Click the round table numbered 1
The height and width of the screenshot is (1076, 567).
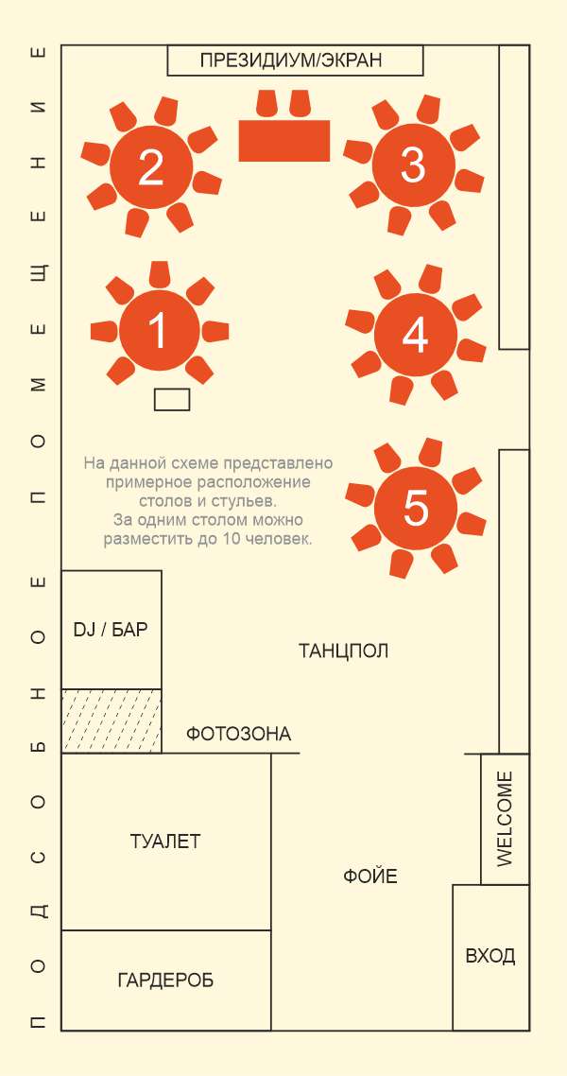pyautogui.click(x=159, y=330)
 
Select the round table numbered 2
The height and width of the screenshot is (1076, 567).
pyautogui.click(x=151, y=166)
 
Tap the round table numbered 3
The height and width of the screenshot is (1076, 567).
pyautogui.click(x=413, y=165)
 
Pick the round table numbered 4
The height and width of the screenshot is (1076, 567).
pyautogui.click(x=416, y=334)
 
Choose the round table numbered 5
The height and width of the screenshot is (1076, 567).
pyautogui.click(x=416, y=508)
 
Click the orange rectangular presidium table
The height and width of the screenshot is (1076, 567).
pyautogui.click(x=283, y=141)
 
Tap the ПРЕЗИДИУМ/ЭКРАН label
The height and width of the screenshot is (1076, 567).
pyautogui.click(x=291, y=61)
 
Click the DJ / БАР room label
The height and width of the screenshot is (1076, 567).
pyautogui.click(x=111, y=630)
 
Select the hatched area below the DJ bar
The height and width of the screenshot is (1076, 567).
pyautogui.click(x=112, y=720)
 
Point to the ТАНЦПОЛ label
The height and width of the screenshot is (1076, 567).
pyautogui.click(x=343, y=651)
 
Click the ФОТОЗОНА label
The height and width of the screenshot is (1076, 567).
pyautogui.click(x=238, y=735)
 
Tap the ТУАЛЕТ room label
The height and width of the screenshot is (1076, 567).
pyautogui.click(x=165, y=842)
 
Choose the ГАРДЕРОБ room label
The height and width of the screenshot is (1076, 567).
pyautogui.click(x=165, y=981)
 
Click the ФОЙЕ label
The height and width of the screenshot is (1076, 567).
pyautogui.click(x=370, y=876)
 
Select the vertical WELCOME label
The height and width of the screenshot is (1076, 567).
pyautogui.click(x=505, y=819)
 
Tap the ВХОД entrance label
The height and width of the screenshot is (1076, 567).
pyautogui.click(x=490, y=956)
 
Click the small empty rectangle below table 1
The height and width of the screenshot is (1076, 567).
pyautogui.click(x=172, y=399)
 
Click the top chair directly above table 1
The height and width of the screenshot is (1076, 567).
pyautogui.click(x=159, y=274)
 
